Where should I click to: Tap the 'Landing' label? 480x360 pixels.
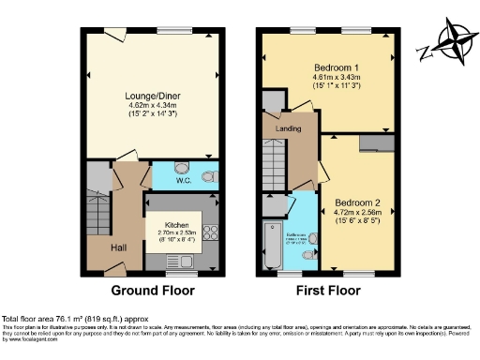[x=288, y=128]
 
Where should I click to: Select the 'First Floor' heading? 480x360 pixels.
[x=328, y=291]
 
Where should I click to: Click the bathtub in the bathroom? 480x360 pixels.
[x=271, y=245]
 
